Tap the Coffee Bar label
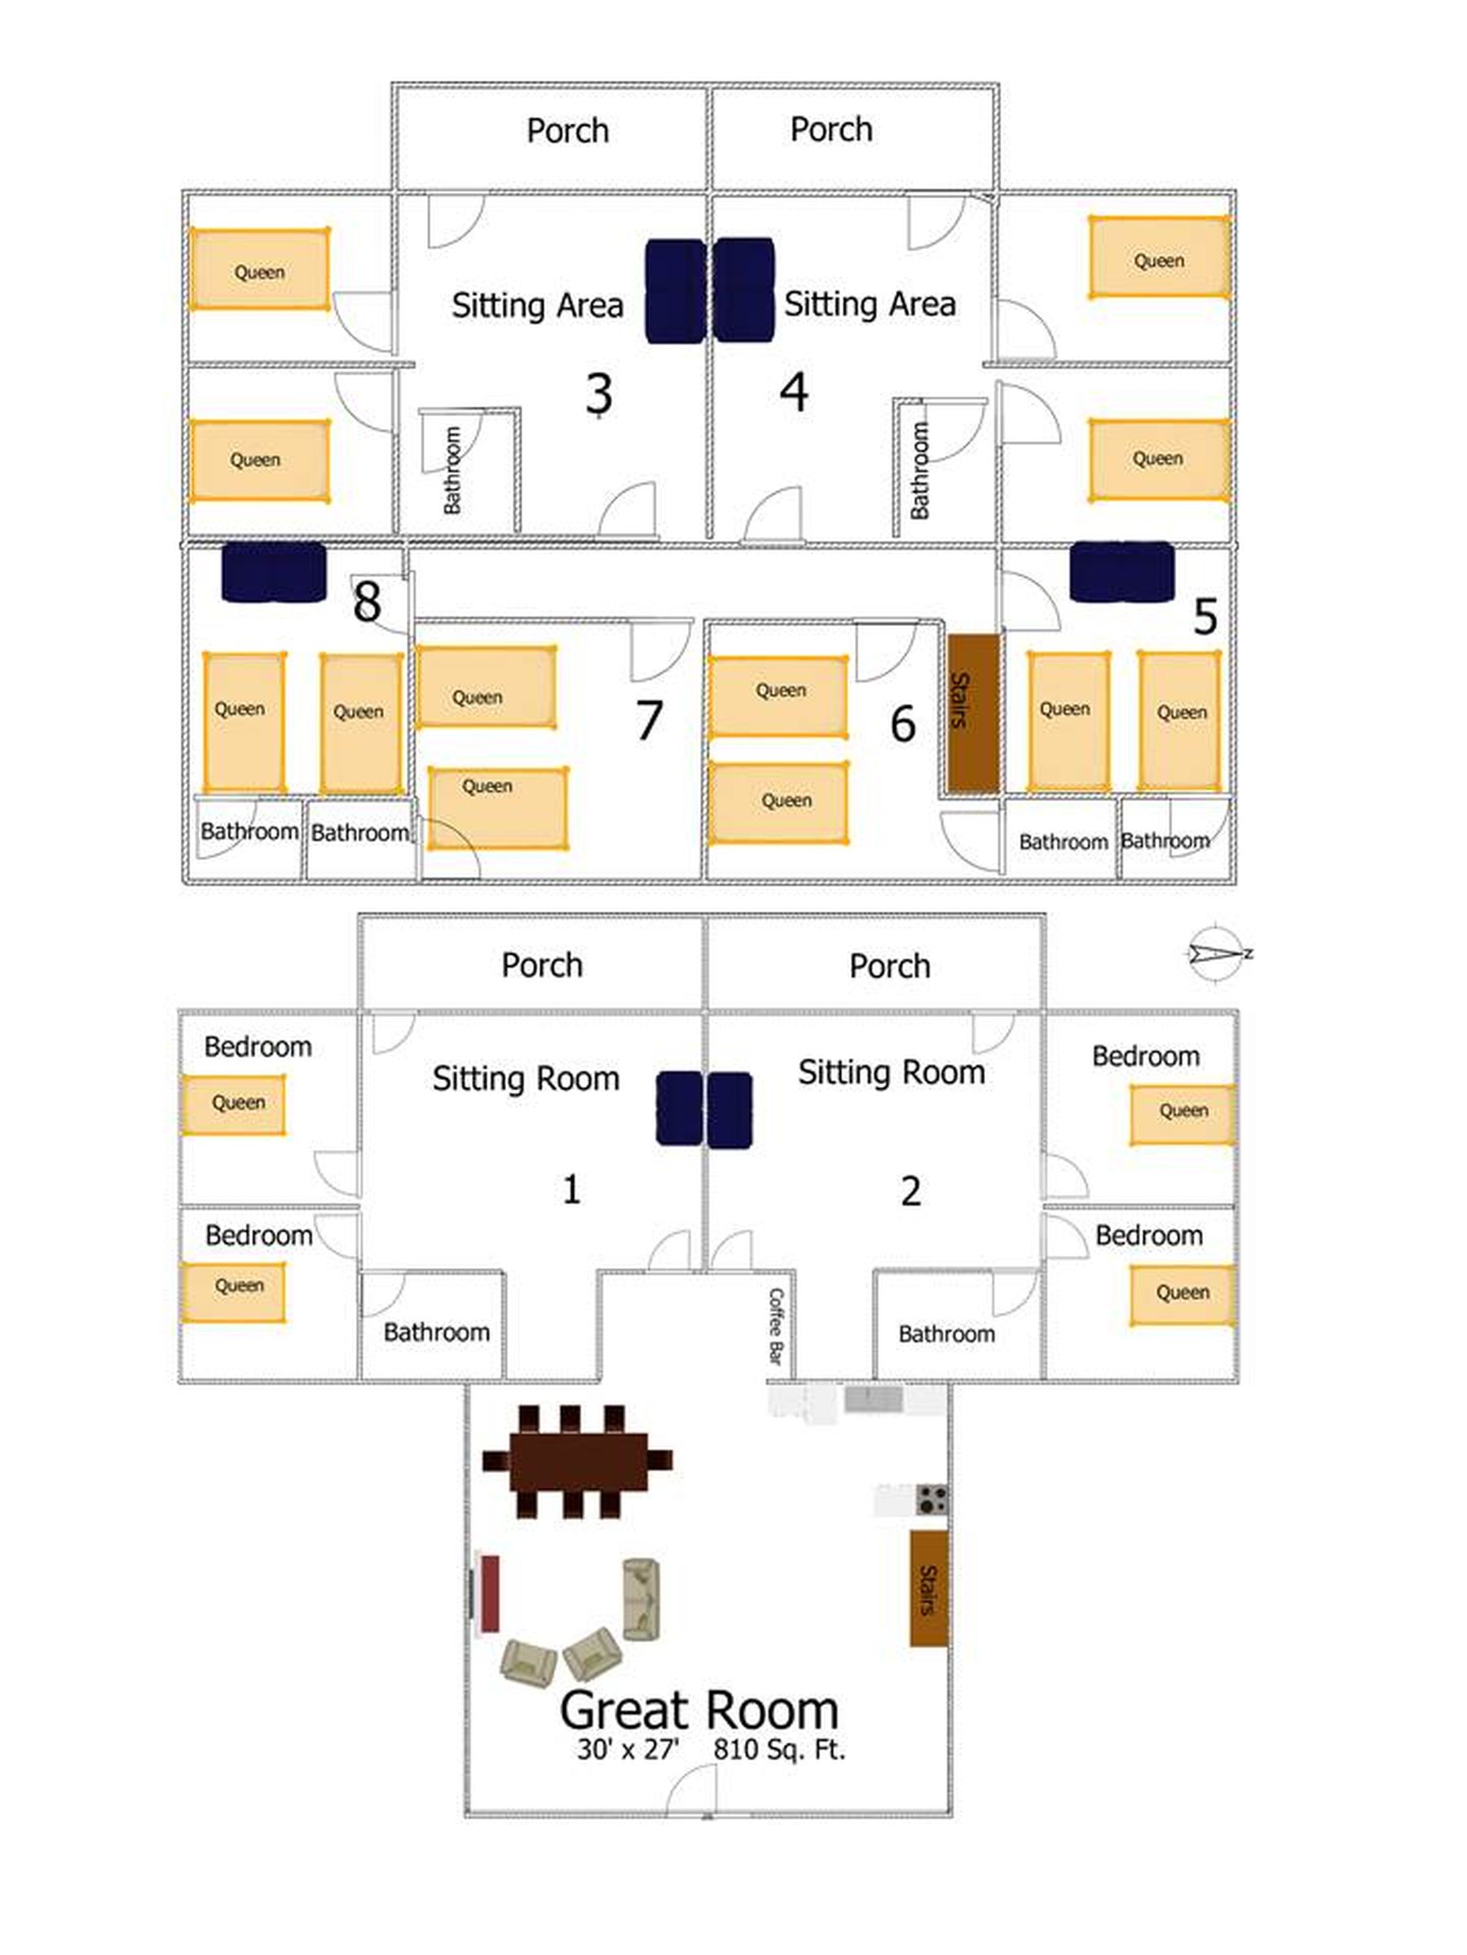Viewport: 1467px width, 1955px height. (x=776, y=1325)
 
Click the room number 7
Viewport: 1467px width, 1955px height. (x=649, y=719)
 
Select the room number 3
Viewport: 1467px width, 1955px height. (x=599, y=393)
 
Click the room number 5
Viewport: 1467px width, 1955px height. (x=1205, y=615)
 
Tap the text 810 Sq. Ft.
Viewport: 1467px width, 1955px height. (x=779, y=1749)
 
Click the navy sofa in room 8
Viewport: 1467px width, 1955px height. (x=273, y=573)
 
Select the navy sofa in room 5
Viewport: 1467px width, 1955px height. (x=1121, y=572)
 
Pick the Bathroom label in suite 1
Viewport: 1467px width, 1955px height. (x=436, y=1332)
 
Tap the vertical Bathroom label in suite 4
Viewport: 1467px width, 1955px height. (x=919, y=470)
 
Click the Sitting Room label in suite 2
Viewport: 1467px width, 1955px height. (x=892, y=1072)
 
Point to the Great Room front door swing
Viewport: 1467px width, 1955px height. (x=690, y=1790)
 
